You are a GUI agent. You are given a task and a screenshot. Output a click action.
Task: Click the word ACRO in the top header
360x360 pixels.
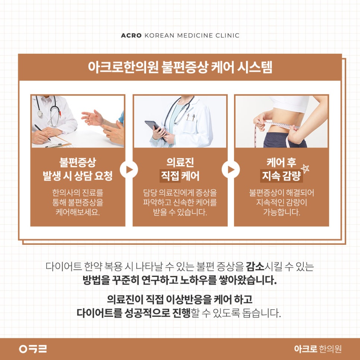(x=131, y=35)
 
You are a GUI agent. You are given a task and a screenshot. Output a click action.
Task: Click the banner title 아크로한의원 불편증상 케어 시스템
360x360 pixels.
(x=180, y=67)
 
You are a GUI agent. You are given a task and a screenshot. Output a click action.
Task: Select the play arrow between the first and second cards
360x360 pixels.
(x=129, y=170)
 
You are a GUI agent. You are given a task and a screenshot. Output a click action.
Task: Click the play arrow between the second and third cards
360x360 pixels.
(x=231, y=170)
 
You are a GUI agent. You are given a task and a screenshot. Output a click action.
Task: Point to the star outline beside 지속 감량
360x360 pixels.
(x=305, y=168)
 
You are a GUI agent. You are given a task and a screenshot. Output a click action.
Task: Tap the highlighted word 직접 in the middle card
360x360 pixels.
(x=170, y=176)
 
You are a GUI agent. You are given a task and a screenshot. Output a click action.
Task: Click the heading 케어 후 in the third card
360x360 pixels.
(x=281, y=162)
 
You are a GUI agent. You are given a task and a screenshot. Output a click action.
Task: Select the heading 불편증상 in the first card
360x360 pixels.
(x=78, y=162)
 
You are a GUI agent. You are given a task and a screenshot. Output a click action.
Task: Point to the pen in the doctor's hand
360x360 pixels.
(x=42, y=132)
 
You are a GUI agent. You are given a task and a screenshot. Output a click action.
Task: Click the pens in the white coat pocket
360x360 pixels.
(x=190, y=117)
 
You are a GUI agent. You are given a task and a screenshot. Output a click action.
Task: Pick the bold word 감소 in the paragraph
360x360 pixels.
(x=255, y=266)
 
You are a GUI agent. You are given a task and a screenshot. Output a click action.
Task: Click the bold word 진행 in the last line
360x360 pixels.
(x=181, y=313)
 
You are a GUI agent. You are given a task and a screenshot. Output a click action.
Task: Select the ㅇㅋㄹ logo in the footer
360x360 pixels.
(x=33, y=349)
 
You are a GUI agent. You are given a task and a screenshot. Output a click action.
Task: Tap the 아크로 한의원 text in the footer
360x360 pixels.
(x=318, y=349)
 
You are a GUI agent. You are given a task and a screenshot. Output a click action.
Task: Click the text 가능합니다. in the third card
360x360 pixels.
(x=281, y=212)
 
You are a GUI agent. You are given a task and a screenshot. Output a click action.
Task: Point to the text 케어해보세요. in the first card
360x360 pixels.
(x=78, y=212)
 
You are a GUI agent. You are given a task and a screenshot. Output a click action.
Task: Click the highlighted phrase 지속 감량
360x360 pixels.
(x=281, y=176)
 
